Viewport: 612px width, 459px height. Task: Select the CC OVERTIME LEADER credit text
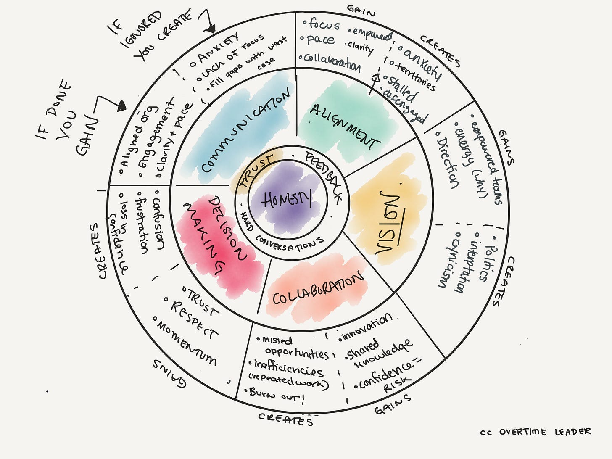pyautogui.click(x=535, y=432)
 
